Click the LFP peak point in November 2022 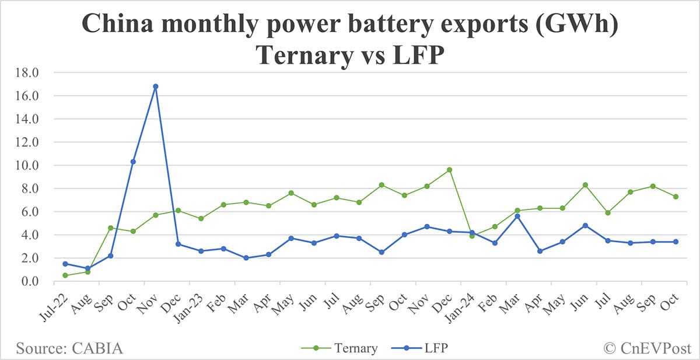[x=155, y=86]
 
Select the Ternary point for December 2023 [x=450, y=170]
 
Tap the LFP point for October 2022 [x=133, y=162]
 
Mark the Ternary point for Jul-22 [x=65, y=275]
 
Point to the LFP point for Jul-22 [x=65, y=264]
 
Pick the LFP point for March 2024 [x=517, y=216]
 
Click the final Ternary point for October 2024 [x=675, y=197]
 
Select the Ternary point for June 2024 [x=585, y=185]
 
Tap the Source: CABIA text [x=70, y=348]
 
